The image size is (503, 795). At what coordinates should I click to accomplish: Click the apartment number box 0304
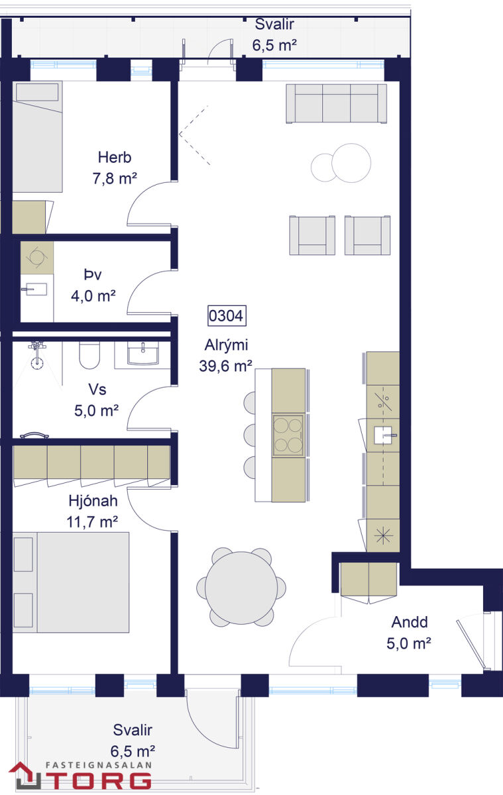click(227, 315)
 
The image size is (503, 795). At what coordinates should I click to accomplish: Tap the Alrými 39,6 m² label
click(226, 356)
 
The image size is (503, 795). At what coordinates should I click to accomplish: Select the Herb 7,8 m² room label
click(115, 168)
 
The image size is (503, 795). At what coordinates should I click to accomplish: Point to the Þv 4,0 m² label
click(93, 285)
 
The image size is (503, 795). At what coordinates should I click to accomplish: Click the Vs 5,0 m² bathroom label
click(97, 400)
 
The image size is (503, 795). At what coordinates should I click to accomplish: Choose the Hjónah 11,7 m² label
click(92, 511)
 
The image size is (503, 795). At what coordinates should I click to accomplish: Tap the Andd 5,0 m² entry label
click(409, 633)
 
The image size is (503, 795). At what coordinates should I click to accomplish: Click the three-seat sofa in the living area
click(337, 103)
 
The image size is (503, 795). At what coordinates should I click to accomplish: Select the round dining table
click(241, 588)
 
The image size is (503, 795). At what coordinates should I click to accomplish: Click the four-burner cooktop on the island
click(288, 435)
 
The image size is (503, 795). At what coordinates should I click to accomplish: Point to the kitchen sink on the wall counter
click(384, 435)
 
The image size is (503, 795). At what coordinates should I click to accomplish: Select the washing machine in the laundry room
click(37, 258)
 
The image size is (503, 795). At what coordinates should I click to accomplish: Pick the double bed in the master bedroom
click(71, 582)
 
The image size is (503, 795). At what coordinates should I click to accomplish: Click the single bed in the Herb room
click(38, 136)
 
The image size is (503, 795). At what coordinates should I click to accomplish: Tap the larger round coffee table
click(351, 163)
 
